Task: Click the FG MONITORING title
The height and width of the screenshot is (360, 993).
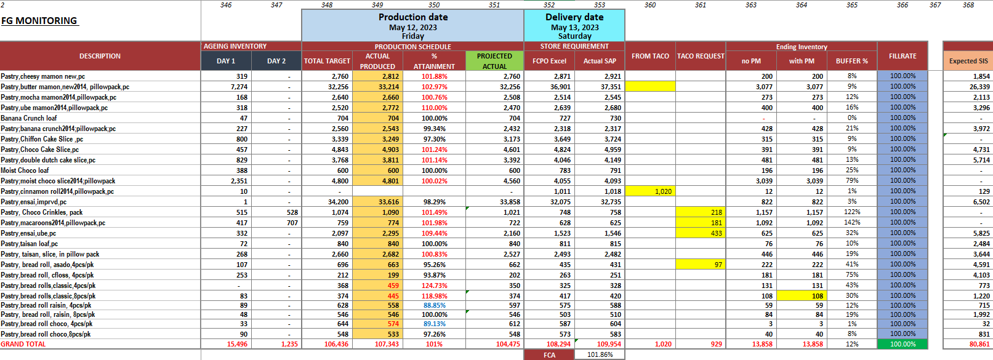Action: click(x=39, y=21)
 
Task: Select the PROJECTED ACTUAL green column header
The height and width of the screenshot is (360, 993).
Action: click(x=494, y=61)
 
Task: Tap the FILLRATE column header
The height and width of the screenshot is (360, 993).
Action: click(x=903, y=56)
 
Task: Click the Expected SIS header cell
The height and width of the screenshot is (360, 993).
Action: click(x=968, y=61)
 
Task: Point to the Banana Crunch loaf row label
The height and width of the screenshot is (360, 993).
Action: click(x=29, y=118)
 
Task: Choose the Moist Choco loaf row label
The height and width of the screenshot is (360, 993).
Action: click(x=25, y=170)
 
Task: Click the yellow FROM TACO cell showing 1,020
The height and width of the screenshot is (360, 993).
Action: click(x=650, y=191)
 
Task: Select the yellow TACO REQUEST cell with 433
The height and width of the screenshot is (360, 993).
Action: click(x=701, y=233)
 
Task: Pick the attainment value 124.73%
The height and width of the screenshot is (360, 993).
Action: click(x=434, y=286)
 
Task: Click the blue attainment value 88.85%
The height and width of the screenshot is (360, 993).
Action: click(x=434, y=305)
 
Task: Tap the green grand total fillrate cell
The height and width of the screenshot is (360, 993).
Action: click(x=903, y=344)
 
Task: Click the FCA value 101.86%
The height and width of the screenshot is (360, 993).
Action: click(x=600, y=355)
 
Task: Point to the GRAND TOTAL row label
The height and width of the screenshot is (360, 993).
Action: click(x=23, y=344)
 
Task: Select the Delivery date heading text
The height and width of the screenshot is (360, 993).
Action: click(x=574, y=17)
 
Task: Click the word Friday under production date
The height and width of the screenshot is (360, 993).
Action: click(x=412, y=36)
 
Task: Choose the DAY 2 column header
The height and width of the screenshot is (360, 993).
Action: click(x=276, y=61)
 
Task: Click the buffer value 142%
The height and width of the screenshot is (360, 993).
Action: click(x=852, y=223)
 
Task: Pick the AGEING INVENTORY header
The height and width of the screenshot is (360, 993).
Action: click(x=235, y=46)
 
